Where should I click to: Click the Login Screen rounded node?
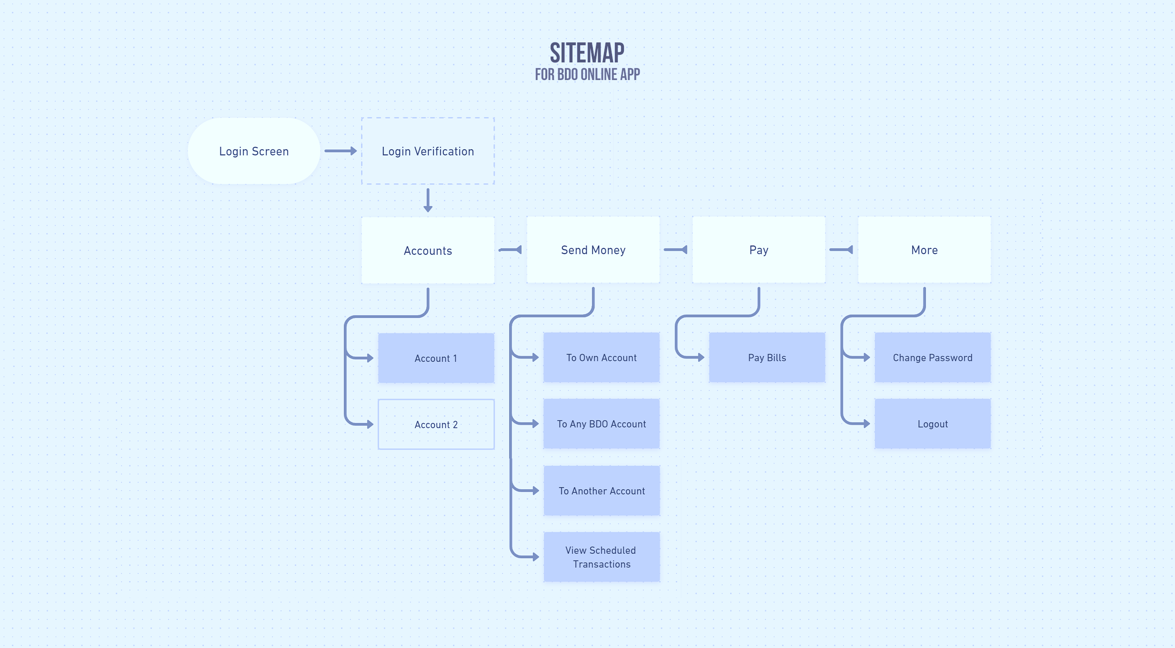point(254,151)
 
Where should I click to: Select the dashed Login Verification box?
point(428,151)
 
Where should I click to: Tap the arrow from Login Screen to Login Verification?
point(340,151)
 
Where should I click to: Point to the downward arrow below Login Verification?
point(428,200)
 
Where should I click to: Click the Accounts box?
point(428,251)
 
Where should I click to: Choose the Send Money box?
point(593,250)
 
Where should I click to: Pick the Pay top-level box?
point(759,250)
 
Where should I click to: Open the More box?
point(924,250)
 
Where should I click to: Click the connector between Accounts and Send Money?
point(510,250)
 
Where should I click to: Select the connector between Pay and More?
point(841,250)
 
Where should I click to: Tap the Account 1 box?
point(436,358)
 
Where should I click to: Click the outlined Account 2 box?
point(436,425)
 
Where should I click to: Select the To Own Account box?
point(601,358)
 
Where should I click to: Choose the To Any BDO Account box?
point(601,424)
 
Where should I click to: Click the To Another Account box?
point(602,491)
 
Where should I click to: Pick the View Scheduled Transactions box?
point(602,557)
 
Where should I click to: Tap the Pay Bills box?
point(767,358)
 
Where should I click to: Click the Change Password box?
point(933,358)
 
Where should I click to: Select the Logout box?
point(933,424)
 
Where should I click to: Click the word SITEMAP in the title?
point(587,53)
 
